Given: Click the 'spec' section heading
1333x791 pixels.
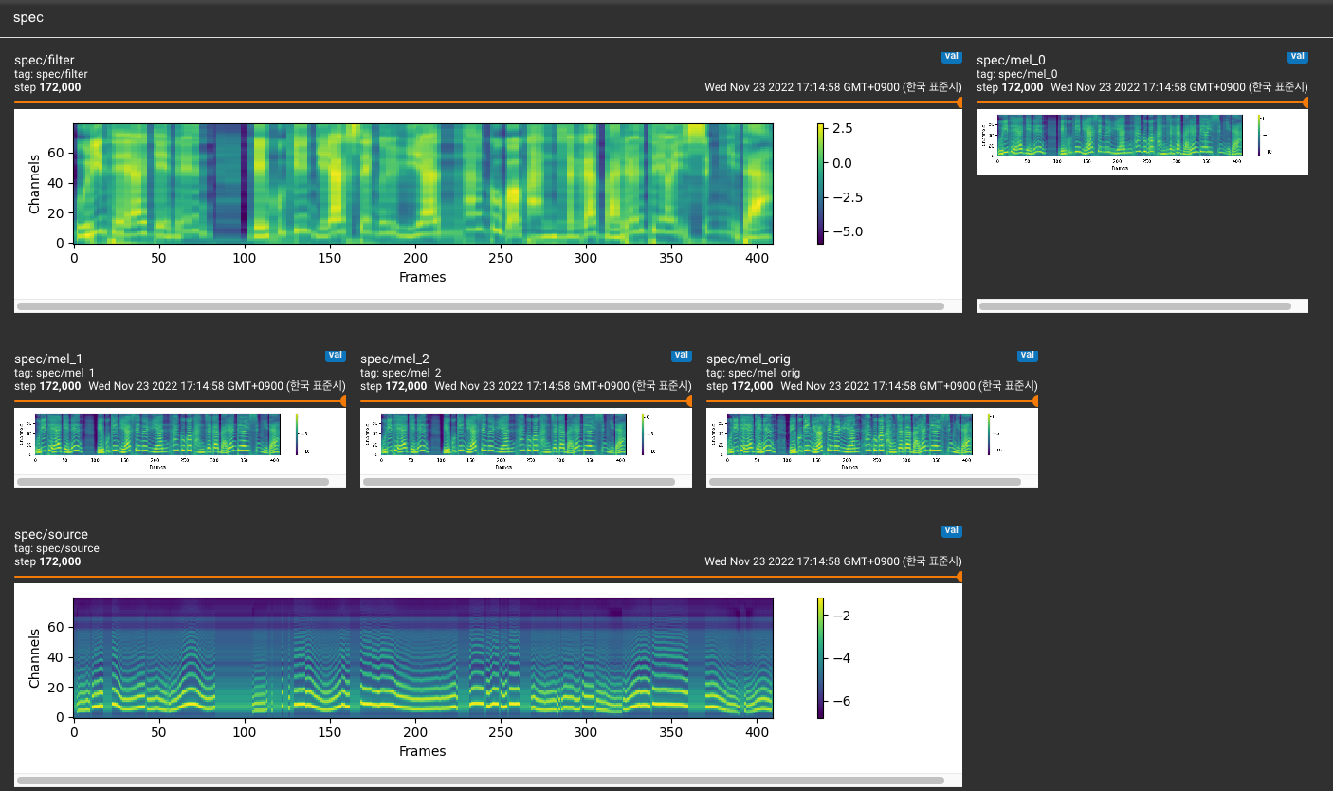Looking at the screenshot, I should click(27, 18).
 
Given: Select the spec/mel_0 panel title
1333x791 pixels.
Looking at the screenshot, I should click(1011, 61).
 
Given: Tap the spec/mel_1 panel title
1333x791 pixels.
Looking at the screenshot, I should click(48, 359).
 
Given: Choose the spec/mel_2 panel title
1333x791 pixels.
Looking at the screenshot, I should click(394, 359).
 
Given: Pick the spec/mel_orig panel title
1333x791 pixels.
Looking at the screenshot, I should click(748, 359).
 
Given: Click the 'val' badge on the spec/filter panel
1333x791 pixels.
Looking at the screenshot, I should click(952, 56).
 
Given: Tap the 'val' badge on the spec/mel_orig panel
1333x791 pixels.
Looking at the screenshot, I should click(1028, 355).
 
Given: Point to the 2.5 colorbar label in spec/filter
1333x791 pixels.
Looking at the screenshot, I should click(842, 128).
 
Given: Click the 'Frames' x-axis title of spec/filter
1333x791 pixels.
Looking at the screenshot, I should click(422, 277).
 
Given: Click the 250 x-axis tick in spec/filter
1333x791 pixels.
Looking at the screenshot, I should click(500, 258).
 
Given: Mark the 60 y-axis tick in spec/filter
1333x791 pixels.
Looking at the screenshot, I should click(56, 152).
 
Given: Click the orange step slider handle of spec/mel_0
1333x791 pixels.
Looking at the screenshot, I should click(1306, 102).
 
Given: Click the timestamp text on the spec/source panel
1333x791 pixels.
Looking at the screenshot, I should click(832, 561).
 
